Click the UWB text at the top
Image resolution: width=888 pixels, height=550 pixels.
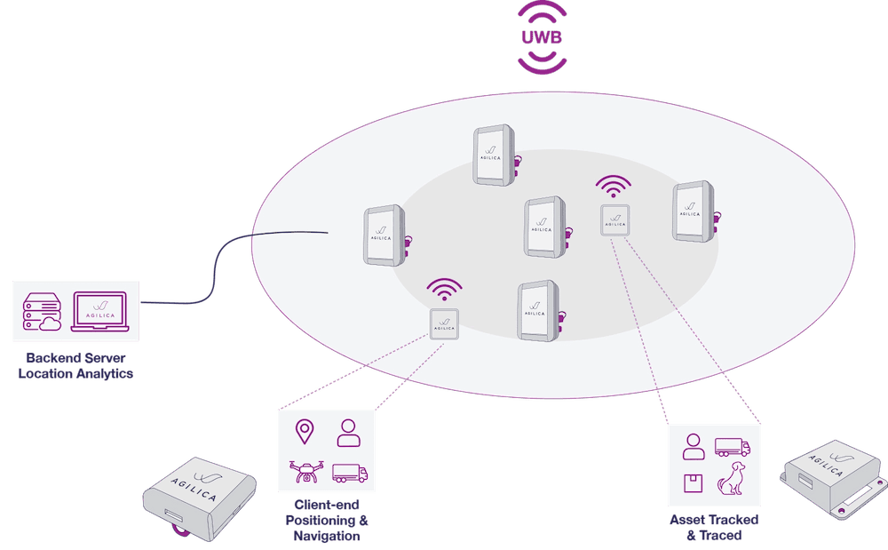[x=543, y=38]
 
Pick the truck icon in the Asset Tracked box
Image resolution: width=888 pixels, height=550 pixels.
[x=733, y=448]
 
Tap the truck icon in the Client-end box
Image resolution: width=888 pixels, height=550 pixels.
[x=349, y=473]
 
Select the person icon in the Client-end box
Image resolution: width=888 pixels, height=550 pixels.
[x=347, y=433]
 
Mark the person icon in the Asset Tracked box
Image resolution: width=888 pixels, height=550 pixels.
[x=694, y=447]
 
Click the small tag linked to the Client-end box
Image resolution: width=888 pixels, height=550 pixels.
[x=444, y=324]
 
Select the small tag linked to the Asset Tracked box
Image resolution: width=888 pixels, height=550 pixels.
[x=614, y=219]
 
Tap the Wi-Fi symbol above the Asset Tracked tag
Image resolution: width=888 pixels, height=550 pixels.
[x=614, y=187]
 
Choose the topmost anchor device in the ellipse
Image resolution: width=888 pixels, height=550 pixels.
[x=494, y=155]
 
